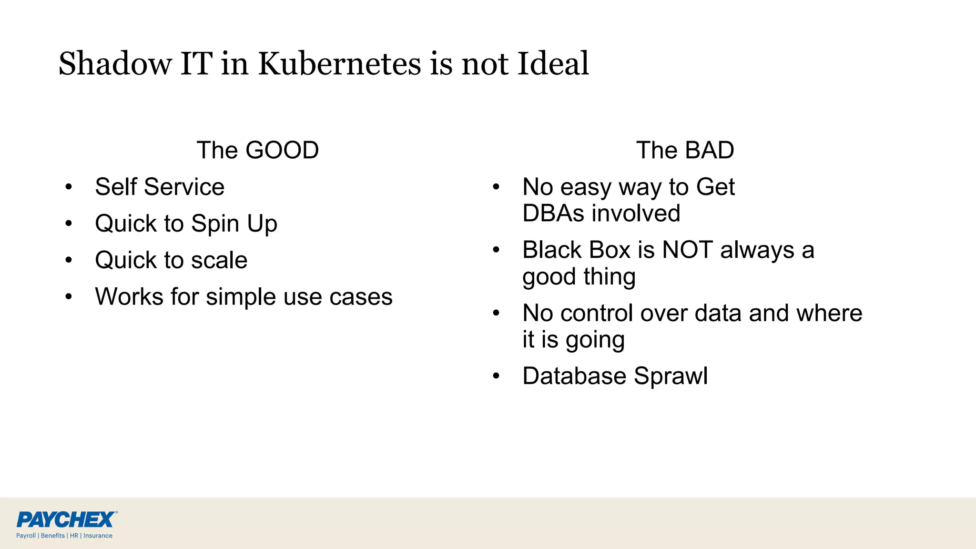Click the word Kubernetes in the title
pyautogui.click(x=340, y=63)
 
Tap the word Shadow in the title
pyautogui.click(x=115, y=63)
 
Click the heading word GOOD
pyautogui.click(x=282, y=150)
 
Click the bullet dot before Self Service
pyautogui.click(x=69, y=187)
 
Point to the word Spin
pyautogui.click(x=215, y=224)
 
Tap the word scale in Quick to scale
pyautogui.click(x=219, y=260)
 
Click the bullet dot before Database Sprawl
pyautogui.click(x=496, y=376)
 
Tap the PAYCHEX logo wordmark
pyautogui.click(x=66, y=519)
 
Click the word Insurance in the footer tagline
pyautogui.click(x=98, y=536)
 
